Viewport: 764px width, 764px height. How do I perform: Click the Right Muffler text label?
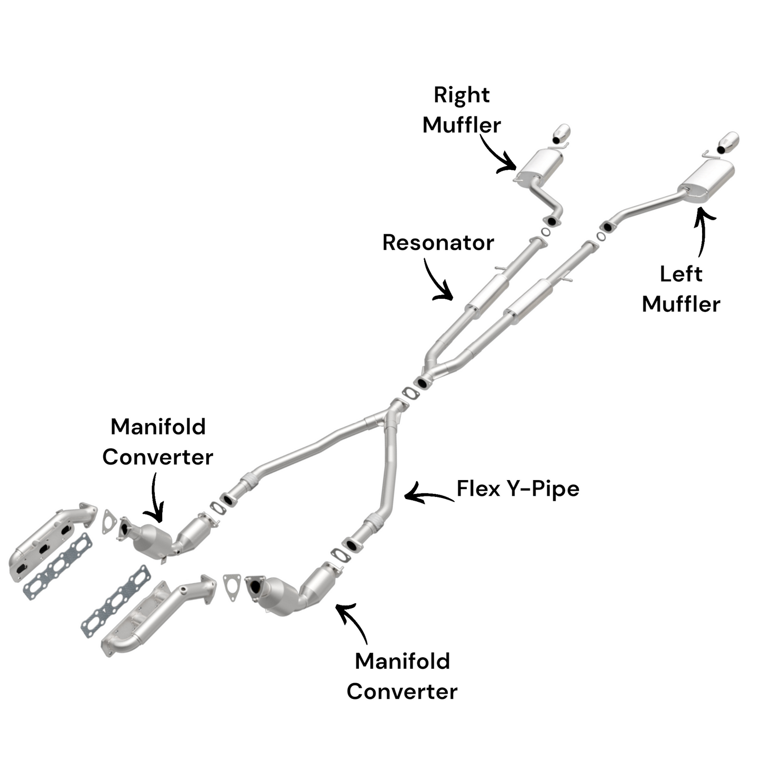(x=462, y=110)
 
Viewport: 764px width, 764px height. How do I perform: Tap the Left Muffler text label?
(x=681, y=289)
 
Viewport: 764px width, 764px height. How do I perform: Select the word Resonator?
(x=438, y=243)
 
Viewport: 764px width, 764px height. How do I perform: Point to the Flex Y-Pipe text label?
(x=518, y=489)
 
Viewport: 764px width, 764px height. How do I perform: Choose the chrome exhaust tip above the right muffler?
(x=562, y=134)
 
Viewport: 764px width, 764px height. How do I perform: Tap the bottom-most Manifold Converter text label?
(x=402, y=676)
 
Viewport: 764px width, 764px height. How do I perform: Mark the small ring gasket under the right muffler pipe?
(x=546, y=232)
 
